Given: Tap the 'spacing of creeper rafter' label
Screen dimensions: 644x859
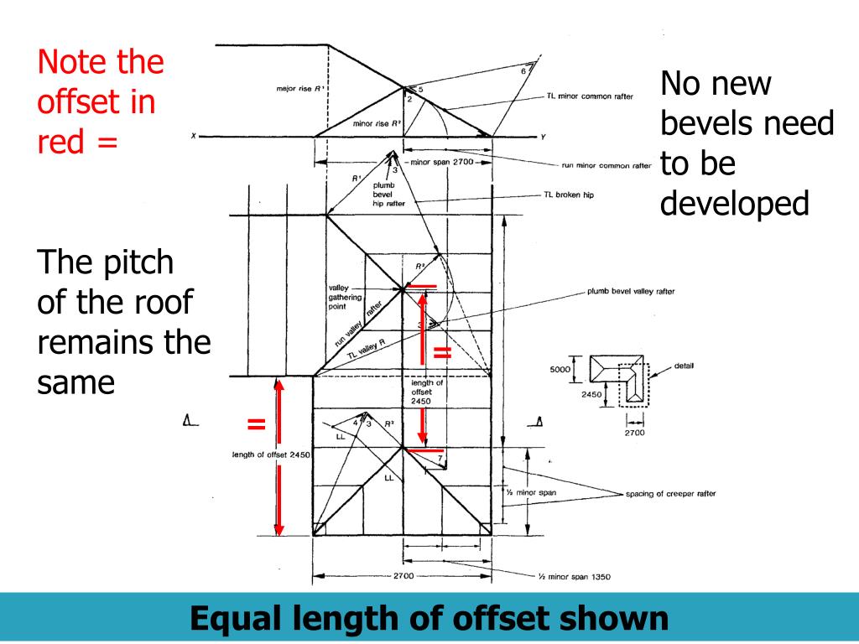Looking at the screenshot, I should pyautogui.click(x=670, y=494).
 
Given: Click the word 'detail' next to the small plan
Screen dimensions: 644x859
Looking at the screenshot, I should pyautogui.click(x=683, y=366).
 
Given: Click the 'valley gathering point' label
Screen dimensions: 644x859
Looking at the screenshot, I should pyautogui.click(x=344, y=297).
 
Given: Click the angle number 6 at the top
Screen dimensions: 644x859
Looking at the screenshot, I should pyautogui.click(x=523, y=71).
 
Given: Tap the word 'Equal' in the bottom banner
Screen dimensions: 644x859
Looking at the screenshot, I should pyautogui.click(x=237, y=619).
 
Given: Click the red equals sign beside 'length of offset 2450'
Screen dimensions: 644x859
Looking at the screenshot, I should pyautogui.click(x=256, y=424).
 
